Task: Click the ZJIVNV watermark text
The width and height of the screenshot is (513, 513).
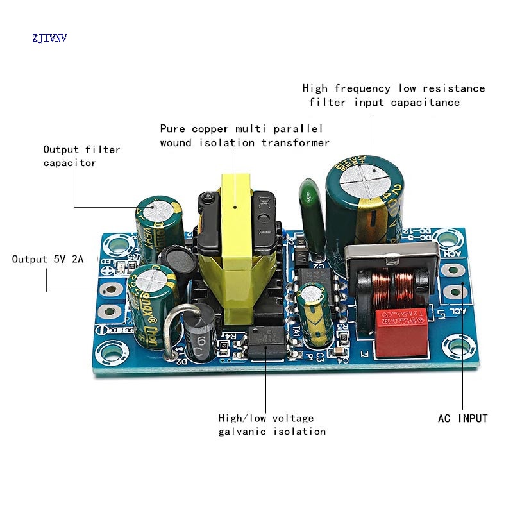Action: coord(49,38)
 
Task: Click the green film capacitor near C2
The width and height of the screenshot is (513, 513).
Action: coord(310,212)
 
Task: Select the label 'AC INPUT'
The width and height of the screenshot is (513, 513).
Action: coord(462,418)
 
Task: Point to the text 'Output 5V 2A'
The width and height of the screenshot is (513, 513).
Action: coord(47,259)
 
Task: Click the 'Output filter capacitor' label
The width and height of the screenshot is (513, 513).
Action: coord(81,156)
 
